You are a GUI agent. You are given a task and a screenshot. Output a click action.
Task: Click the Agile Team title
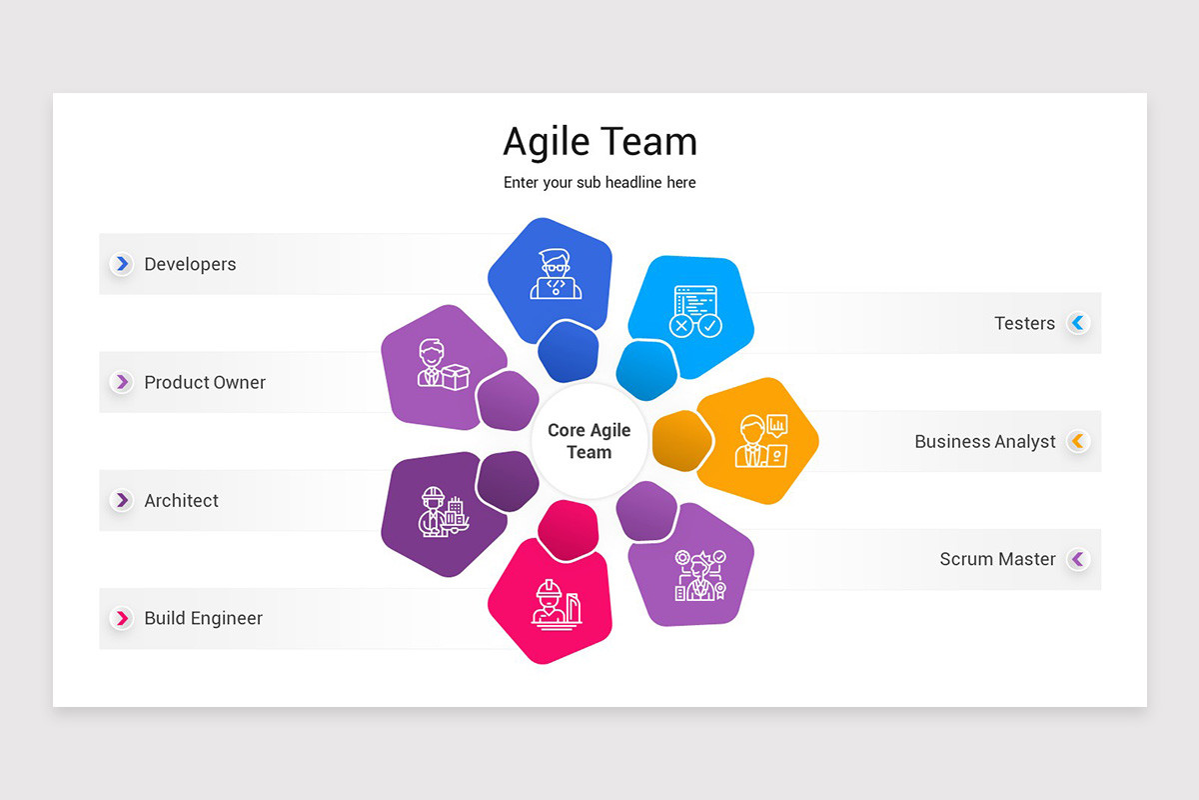[x=599, y=142]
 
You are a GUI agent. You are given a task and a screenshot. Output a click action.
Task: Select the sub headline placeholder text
[x=599, y=183]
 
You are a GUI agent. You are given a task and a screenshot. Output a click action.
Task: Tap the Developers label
[x=190, y=264]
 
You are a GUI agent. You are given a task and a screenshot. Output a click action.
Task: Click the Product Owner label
[x=205, y=382]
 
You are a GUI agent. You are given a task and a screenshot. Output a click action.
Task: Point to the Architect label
[x=181, y=500]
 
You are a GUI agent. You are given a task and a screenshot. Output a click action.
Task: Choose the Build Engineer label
[x=203, y=618]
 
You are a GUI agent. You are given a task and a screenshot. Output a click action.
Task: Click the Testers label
[x=1024, y=323]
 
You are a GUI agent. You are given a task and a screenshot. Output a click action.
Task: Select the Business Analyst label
[x=984, y=441]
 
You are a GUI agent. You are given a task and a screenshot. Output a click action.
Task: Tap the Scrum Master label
[x=997, y=559]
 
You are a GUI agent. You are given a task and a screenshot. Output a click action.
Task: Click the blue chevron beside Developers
[x=122, y=264]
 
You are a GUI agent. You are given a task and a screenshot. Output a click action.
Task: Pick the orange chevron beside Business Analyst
[x=1077, y=441]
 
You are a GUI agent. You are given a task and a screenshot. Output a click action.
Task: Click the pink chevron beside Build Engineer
[x=122, y=618]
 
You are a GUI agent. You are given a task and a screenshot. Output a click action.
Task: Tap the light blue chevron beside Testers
[x=1077, y=323]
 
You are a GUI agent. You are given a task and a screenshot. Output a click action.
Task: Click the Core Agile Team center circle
[x=590, y=441]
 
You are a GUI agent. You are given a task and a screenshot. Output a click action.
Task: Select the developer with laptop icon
[x=555, y=275]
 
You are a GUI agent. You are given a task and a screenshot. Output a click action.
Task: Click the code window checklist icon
[x=696, y=311]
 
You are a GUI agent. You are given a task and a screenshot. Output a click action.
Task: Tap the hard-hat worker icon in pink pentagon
[x=556, y=602]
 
